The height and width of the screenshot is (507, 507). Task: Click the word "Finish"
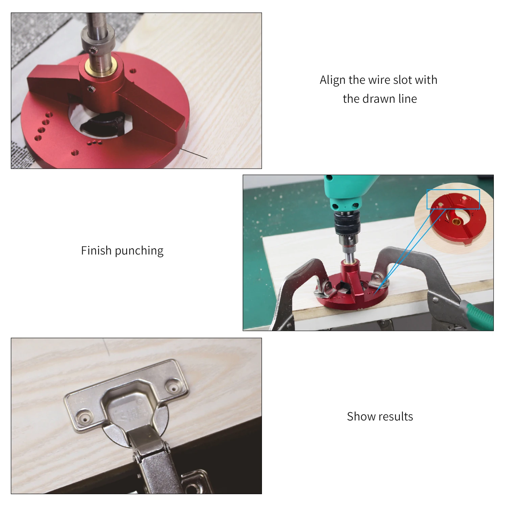(96, 250)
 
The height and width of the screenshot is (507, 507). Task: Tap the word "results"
(396, 416)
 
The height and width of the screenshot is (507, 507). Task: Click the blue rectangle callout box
(453, 199)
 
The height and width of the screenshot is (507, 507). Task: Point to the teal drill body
(347, 193)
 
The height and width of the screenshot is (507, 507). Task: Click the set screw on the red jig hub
(91, 89)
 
